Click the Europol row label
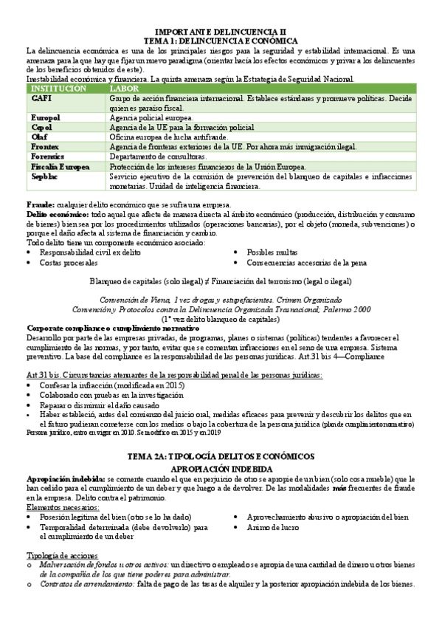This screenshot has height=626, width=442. tap(46, 117)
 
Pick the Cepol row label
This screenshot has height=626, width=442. tap(43, 127)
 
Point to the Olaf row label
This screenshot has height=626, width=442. tap(40, 137)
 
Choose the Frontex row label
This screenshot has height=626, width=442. tap(45, 146)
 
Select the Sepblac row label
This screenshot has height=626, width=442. tap(45, 176)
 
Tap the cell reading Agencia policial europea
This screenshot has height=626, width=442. tap(151, 117)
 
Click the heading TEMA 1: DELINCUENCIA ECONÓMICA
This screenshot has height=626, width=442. tap(221, 41)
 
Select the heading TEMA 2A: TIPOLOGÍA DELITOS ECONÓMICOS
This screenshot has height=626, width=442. tap(221, 456)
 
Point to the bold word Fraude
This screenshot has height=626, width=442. tap(40, 204)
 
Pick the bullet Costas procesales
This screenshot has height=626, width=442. tap(69, 262)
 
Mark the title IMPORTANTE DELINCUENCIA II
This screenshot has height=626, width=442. tap(221, 32)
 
